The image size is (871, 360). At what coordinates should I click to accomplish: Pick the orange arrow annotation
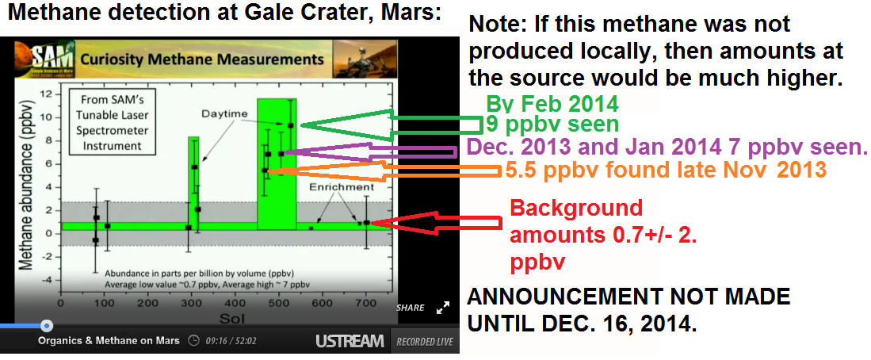click(384, 170)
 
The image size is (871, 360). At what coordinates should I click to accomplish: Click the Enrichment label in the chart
click(343, 187)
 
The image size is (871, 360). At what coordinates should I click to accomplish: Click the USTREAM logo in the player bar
click(350, 340)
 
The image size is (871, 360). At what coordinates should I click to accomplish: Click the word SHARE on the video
click(410, 307)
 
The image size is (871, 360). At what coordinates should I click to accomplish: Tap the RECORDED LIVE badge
click(424, 342)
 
